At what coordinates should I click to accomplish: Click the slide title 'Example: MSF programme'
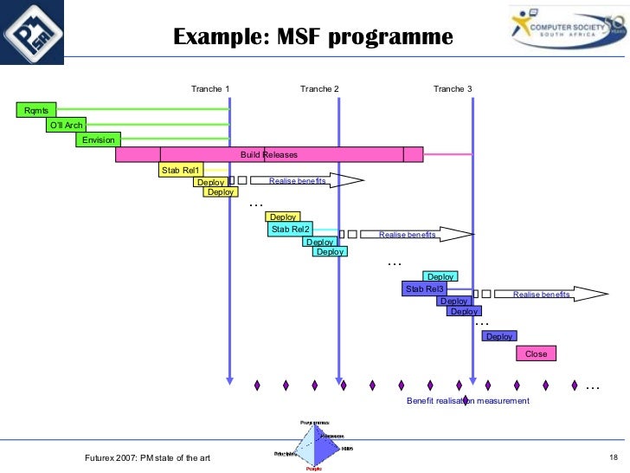click(x=312, y=37)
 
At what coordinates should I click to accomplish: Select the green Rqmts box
click(x=35, y=109)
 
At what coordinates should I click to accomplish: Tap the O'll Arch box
click(x=66, y=125)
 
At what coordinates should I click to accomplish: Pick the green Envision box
click(x=98, y=139)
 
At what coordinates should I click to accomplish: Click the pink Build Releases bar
click(x=269, y=155)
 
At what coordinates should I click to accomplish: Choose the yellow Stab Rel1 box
click(x=180, y=170)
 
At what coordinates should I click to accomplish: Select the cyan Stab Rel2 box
click(x=290, y=230)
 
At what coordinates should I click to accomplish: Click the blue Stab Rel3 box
click(x=424, y=288)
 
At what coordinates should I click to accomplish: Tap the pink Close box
click(x=536, y=353)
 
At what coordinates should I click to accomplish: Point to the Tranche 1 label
click(x=210, y=89)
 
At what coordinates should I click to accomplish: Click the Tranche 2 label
click(x=319, y=89)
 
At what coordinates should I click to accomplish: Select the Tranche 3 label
click(x=453, y=89)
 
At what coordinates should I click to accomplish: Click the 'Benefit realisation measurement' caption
click(x=467, y=401)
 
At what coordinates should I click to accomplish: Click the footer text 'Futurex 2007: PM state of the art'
click(x=148, y=457)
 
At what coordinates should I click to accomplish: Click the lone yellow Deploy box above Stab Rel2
click(x=283, y=217)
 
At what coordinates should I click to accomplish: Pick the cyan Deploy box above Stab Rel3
click(x=440, y=276)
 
